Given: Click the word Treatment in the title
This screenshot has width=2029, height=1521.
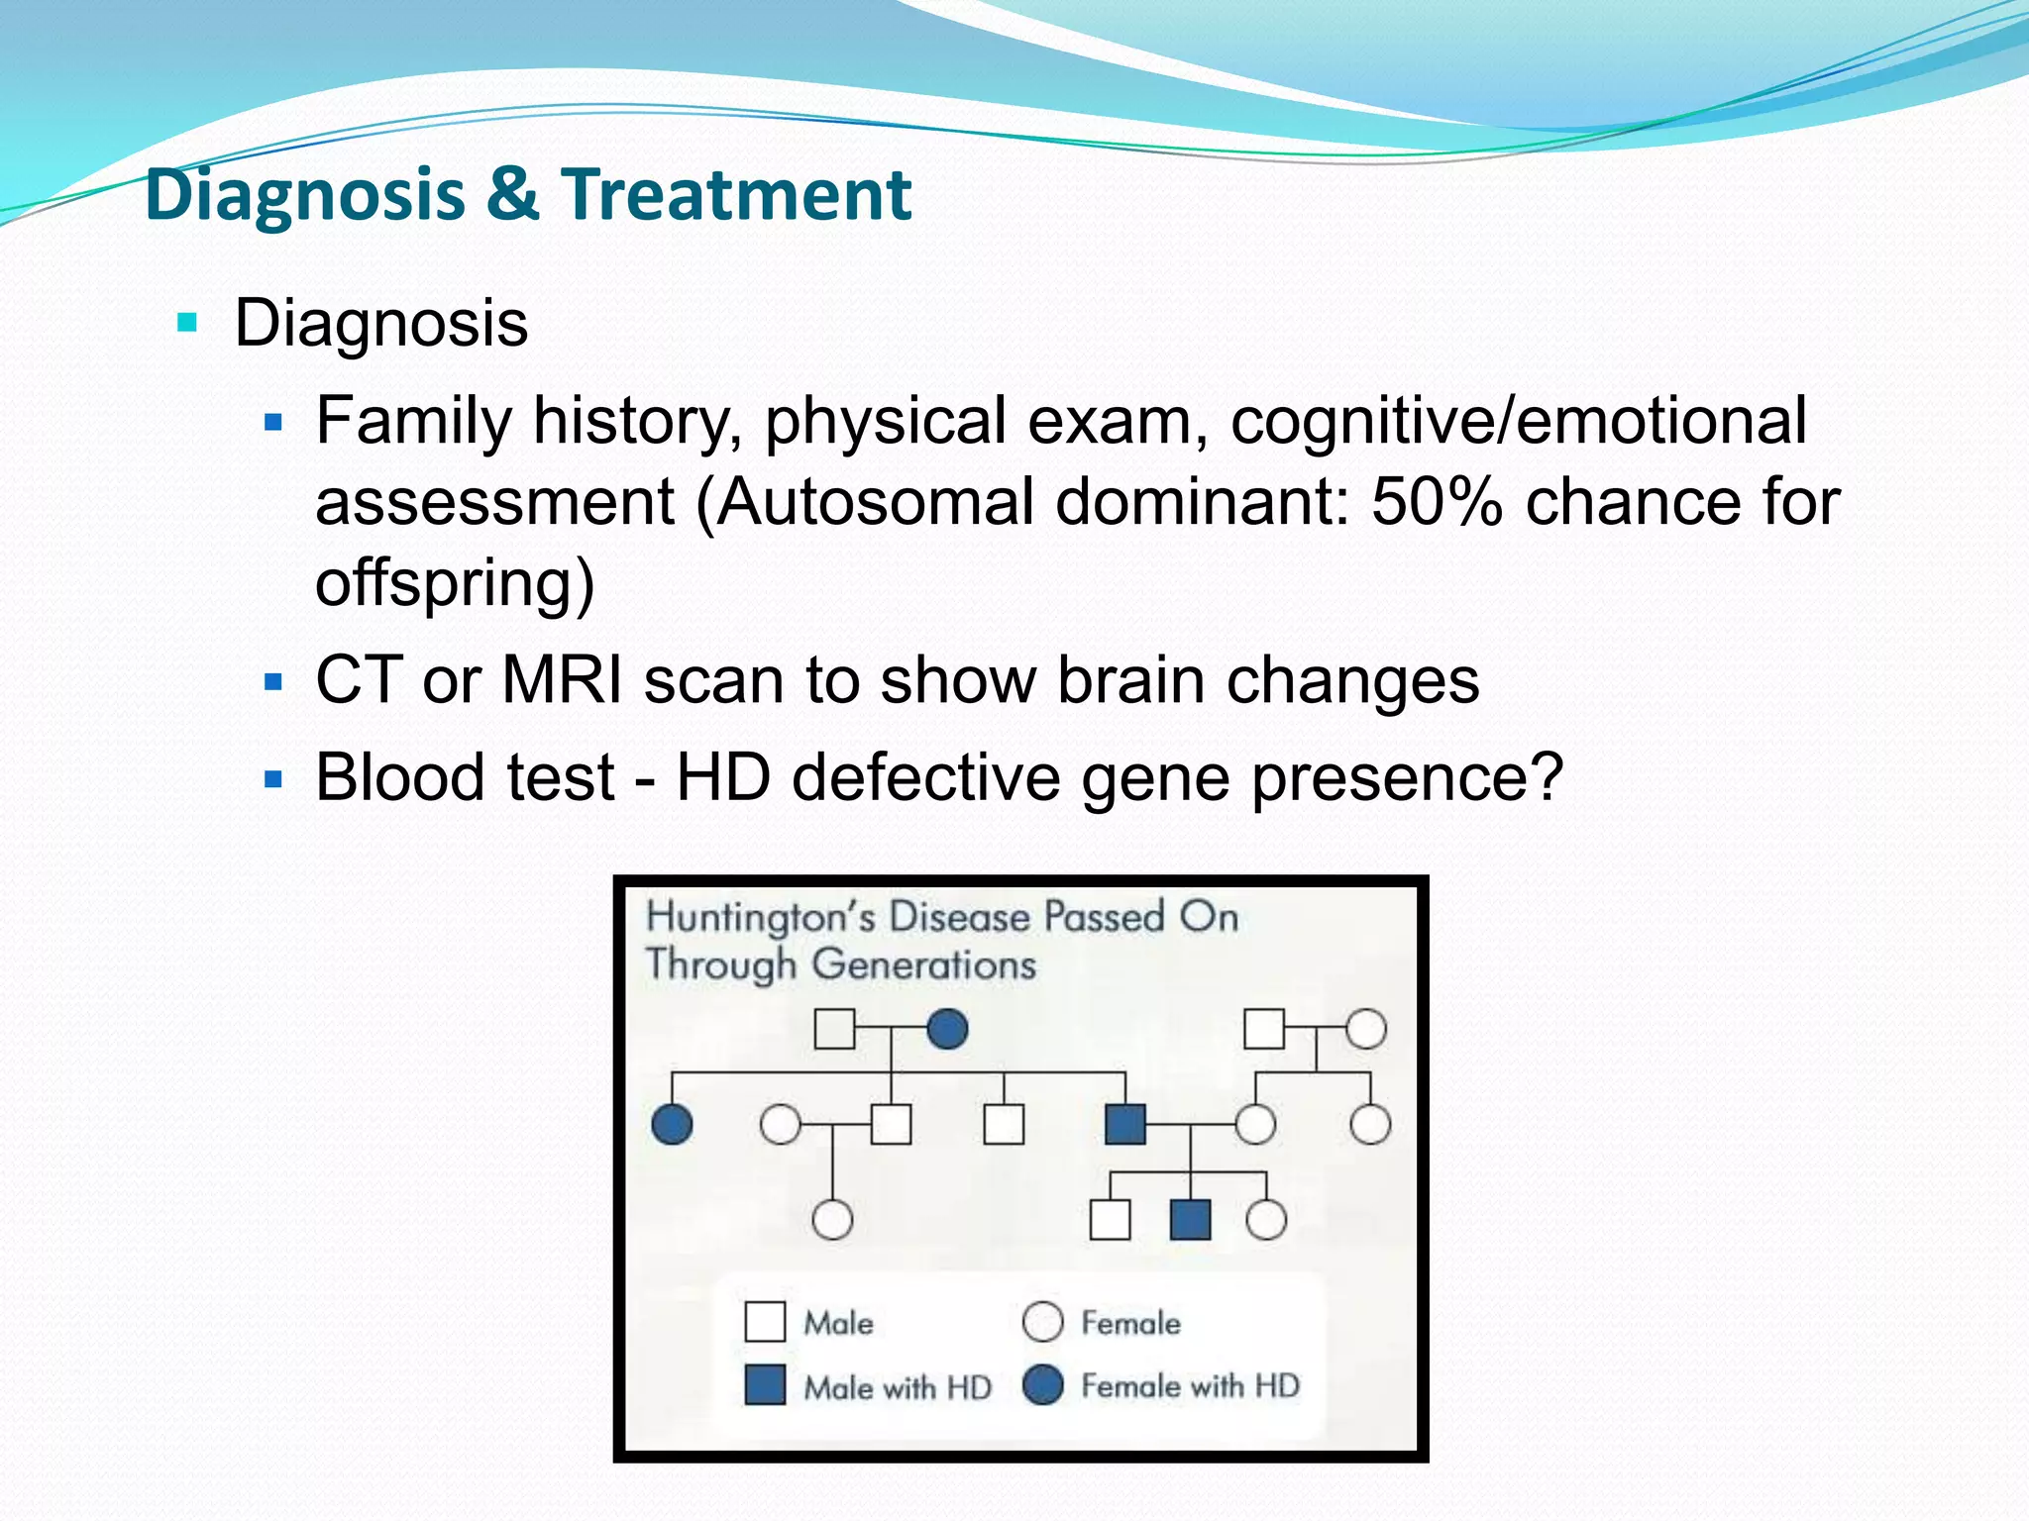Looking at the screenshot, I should (x=735, y=194).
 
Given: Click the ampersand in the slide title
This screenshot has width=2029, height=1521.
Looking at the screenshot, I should (x=512, y=194).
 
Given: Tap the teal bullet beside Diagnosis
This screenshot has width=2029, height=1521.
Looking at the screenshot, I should (x=186, y=323).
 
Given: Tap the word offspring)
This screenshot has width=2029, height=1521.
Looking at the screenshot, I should (x=455, y=582).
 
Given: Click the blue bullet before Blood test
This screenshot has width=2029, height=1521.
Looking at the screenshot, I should (x=274, y=779).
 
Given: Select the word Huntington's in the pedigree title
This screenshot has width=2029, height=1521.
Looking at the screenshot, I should (x=760, y=917).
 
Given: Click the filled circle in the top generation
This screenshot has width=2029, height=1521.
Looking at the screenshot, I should (x=947, y=1029).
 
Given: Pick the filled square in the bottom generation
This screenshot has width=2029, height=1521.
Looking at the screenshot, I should (x=1190, y=1219).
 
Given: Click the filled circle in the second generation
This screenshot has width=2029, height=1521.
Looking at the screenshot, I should (x=672, y=1124).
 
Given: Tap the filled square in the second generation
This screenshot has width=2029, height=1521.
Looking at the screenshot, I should (x=1124, y=1124).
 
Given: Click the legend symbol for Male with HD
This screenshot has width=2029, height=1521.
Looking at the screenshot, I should (x=765, y=1384).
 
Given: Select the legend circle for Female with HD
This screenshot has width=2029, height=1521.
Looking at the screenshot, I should (x=1042, y=1384).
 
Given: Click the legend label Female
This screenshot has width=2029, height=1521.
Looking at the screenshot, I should (x=1130, y=1323).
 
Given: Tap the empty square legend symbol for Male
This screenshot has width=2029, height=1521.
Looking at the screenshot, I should (x=765, y=1321).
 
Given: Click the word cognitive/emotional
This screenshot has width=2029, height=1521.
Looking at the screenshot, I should (x=1518, y=421).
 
